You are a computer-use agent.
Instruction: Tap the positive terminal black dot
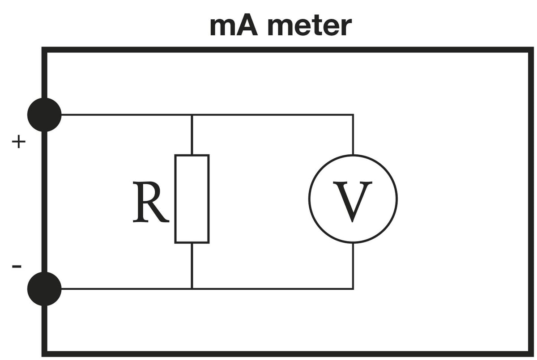click(x=44, y=114)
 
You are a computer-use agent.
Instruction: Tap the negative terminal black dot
click(x=44, y=289)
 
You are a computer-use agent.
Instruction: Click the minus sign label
click(x=17, y=267)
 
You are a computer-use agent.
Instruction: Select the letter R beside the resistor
click(x=150, y=202)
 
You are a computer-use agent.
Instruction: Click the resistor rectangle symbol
click(x=192, y=199)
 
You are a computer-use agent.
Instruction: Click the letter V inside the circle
click(x=354, y=201)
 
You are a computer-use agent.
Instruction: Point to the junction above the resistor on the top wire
click(x=192, y=115)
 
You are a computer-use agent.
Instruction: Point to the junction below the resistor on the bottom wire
click(x=192, y=288)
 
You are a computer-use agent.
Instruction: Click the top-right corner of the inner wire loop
click(x=353, y=115)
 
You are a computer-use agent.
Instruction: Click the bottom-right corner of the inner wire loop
click(x=353, y=288)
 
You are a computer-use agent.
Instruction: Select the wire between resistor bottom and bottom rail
click(x=192, y=266)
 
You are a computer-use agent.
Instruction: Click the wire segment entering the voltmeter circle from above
click(x=353, y=135)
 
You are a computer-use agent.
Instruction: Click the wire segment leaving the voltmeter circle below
click(x=353, y=266)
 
